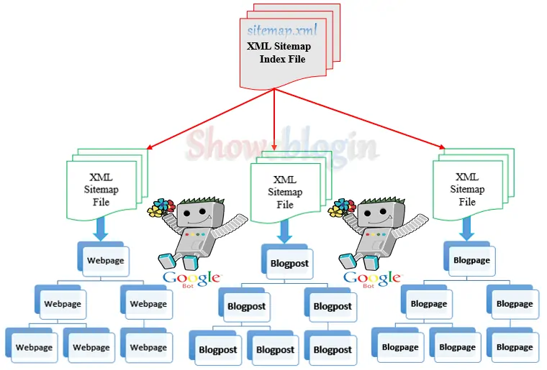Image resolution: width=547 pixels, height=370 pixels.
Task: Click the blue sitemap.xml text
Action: [282, 30]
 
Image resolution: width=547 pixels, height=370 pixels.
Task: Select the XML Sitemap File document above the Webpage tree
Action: [101, 189]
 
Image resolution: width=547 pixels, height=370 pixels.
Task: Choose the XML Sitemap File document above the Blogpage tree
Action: [467, 189]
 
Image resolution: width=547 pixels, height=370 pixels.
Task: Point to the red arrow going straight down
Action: [275, 119]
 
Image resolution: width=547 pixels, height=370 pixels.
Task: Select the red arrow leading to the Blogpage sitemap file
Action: [360, 119]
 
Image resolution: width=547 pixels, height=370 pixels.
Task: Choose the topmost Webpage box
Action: [105, 260]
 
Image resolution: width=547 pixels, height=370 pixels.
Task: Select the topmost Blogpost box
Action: [289, 263]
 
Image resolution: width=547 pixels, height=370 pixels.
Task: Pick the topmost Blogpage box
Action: [471, 260]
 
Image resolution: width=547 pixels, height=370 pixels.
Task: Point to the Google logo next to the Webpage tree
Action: [191, 278]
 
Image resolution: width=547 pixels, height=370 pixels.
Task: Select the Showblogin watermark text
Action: [281, 146]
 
